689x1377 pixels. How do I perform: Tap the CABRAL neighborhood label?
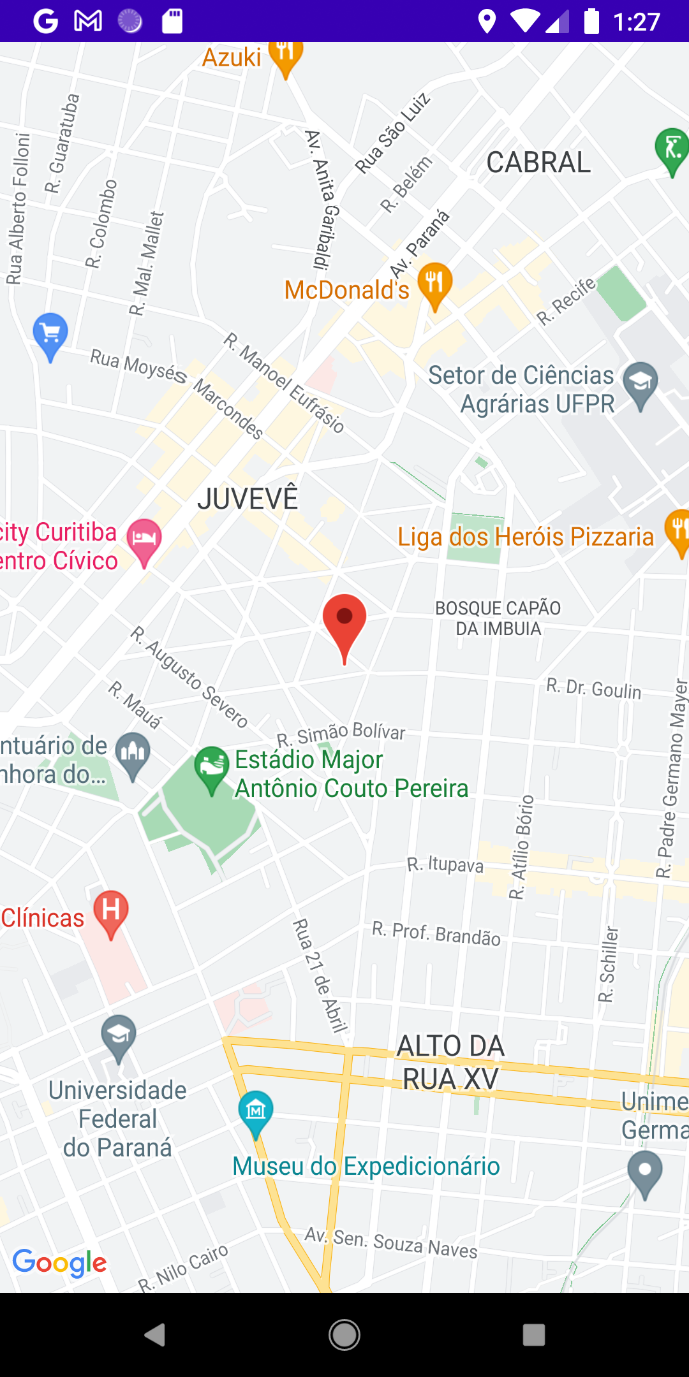coord(538,163)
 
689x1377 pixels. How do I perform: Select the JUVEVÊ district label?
coord(248,498)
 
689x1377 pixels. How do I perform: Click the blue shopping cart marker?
coord(50,333)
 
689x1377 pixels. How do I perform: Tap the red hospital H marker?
coord(111,910)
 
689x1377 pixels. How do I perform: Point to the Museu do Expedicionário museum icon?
coord(256,1111)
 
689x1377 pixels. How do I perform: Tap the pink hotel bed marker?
coord(144,539)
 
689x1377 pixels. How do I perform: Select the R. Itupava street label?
coord(445,864)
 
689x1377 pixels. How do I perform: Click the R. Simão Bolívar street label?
coord(341,733)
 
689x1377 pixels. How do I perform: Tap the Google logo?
coord(60,1262)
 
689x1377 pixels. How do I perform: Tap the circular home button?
coord(344,1334)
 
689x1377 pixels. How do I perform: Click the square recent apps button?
coord(534,1334)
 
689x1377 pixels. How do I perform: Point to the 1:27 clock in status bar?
coord(636,22)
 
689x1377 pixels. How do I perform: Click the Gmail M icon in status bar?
coord(88,21)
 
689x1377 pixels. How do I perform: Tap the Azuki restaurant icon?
coord(285,56)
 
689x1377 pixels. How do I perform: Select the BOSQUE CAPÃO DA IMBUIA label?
coord(498,618)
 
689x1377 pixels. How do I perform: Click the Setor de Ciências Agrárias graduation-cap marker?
coord(641,383)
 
